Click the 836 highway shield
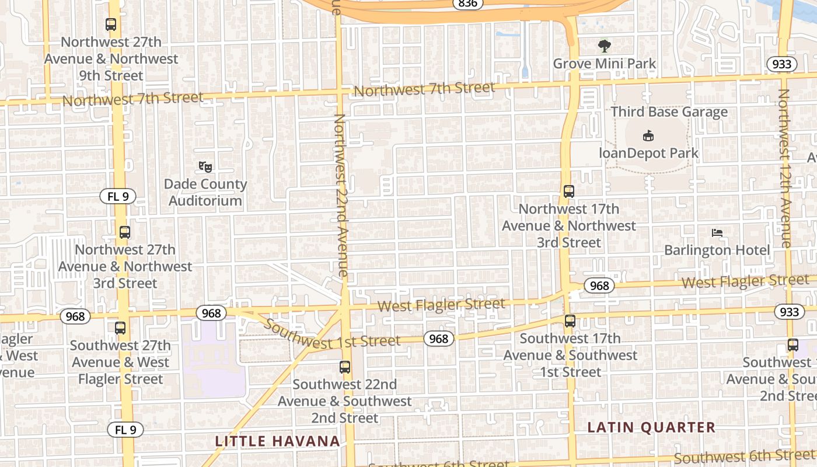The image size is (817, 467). click(x=467, y=4)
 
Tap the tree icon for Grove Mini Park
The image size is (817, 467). click(x=605, y=46)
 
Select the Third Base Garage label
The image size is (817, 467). click(x=669, y=111)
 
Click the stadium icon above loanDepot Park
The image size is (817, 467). click(x=648, y=136)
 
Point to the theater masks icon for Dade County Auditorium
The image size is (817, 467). click(x=205, y=167)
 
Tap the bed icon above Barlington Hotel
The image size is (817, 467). click(x=717, y=233)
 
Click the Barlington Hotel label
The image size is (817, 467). click(x=717, y=250)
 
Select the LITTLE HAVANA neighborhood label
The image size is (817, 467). click(x=278, y=441)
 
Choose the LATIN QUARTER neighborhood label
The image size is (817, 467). click(x=651, y=427)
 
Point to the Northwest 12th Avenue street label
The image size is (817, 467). click(x=785, y=169)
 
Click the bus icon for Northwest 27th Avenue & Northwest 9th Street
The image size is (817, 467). click(x=111, y=25)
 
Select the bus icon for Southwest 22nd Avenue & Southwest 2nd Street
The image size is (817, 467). click(x=345, y=367)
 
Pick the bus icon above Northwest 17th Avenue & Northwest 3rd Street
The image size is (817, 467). click(x=569, y=191)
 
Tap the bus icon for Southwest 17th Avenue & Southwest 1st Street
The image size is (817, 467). click(x=570, y=320)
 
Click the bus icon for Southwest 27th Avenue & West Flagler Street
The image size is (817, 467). click(x=120, y=328)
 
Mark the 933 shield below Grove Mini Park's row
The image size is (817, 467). click(x=781, y=64)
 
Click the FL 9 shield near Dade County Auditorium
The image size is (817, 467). click(x=118, y=196)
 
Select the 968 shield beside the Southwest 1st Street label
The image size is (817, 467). click(x=438, y=339)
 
